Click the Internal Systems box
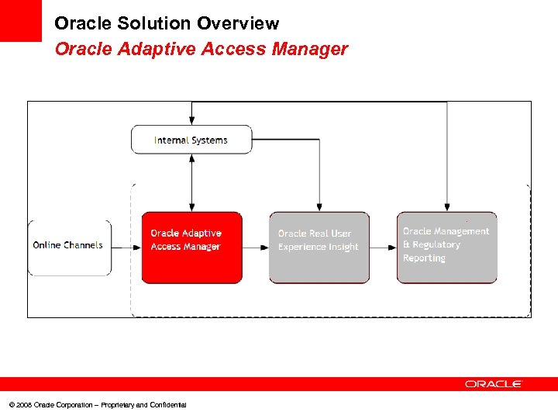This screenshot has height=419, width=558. tap(191, 140)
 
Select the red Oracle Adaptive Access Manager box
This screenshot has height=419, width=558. tap(191, 248)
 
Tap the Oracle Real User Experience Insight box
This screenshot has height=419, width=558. tap(319, 248)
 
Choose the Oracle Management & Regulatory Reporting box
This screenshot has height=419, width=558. tap(446, 248)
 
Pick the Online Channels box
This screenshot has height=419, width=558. tap(69, 248)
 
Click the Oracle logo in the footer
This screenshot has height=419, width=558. tap(494, 383)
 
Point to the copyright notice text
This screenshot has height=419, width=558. tap(98, 405)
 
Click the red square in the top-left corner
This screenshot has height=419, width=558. tap(20, 20)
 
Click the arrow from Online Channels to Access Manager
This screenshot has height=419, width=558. tap(126, 248)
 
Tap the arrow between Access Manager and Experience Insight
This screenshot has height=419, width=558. tap(255, 248)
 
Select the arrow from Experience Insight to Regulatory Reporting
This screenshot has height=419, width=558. tap(383, 248)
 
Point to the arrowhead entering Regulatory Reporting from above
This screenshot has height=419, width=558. tap(447, 206)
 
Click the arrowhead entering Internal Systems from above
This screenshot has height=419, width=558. tap(191, 119)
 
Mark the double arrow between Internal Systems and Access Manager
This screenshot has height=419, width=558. tap(191, 182)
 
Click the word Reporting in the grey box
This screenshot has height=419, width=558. tap(424, 258)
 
